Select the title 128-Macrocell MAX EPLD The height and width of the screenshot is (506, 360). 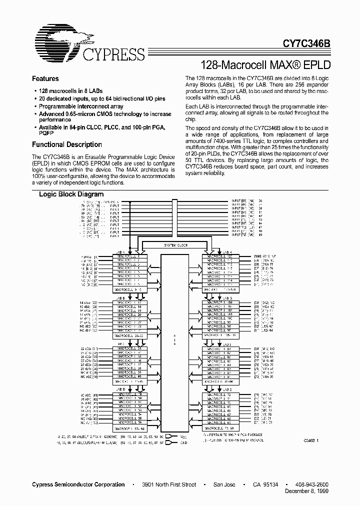[x=265, y=64]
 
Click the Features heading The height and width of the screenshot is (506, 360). [x=45, y=78]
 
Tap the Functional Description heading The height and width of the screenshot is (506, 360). [x=66, y=144]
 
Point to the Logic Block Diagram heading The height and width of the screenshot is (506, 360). [x=71, y=194]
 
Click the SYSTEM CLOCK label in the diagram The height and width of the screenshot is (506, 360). [x=176, y=245]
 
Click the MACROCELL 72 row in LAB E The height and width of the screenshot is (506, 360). [x=220, y=394]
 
